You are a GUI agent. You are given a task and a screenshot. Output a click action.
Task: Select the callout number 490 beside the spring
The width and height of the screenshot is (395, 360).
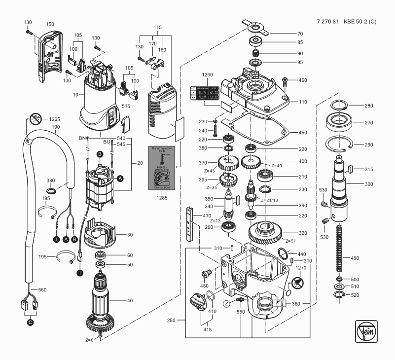coord(355,258)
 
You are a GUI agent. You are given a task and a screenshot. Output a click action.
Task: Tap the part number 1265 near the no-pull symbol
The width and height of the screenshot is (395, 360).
coord(54,119)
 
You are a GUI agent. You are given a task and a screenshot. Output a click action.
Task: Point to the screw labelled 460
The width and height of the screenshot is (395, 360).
coord(285,80)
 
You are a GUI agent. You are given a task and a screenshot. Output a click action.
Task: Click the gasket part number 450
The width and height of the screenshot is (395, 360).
coord(302,132)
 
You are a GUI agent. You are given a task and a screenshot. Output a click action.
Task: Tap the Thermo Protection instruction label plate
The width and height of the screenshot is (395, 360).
coord(163,167)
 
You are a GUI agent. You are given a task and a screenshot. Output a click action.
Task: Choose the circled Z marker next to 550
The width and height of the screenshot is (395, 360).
coord(225,302)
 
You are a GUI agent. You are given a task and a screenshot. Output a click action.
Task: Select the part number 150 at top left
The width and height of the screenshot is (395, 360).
coord(50,24)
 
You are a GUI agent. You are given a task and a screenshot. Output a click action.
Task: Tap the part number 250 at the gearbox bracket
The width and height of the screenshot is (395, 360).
coord(172,321)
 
